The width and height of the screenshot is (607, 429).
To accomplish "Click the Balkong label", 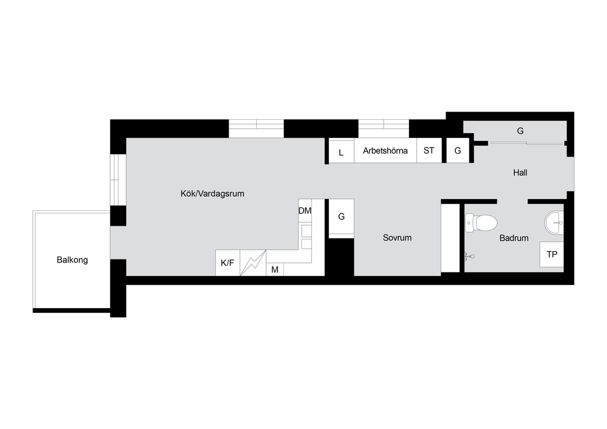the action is [x=72, y=260].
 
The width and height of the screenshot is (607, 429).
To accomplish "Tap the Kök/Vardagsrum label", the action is [x=213, y=193].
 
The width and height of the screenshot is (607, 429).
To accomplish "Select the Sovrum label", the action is [x=397, y=238].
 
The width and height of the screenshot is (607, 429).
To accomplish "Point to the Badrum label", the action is [x=514, y=238].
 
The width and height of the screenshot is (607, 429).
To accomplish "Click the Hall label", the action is [x=520, y=172].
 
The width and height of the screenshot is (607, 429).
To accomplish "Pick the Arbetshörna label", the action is [x=385, y=151].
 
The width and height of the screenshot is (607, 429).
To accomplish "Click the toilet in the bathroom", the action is [x=481, y=223].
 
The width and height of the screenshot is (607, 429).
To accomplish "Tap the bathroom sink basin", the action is [x=554, y=223].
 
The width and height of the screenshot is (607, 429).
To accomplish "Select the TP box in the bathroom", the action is [x=552, y=255].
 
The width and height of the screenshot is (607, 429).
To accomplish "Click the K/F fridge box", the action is [x=228, y=263].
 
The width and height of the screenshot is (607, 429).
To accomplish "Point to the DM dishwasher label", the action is [x=305, y=211].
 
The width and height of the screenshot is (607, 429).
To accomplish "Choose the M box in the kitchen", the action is [x=275, y=270].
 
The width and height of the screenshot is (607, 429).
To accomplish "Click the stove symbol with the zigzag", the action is [x=253, y=263].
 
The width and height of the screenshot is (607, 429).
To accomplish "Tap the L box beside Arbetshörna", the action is [x=341, y=151].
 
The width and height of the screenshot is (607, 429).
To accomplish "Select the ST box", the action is [x=429, y=151].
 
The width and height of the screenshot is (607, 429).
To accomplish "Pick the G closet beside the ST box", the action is [x=458, y=151].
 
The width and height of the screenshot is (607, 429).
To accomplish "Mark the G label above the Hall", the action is [x=520, y=131].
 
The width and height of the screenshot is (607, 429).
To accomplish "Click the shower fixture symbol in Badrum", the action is [x=469, y=256].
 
